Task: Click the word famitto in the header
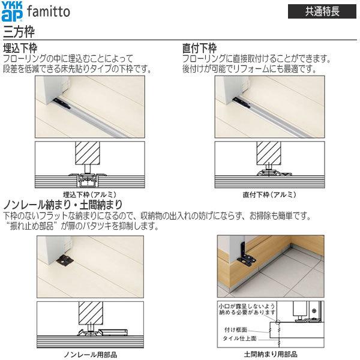49,11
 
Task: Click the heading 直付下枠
200,48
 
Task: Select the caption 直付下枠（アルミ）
269,194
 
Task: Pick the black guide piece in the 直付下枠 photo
240,103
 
